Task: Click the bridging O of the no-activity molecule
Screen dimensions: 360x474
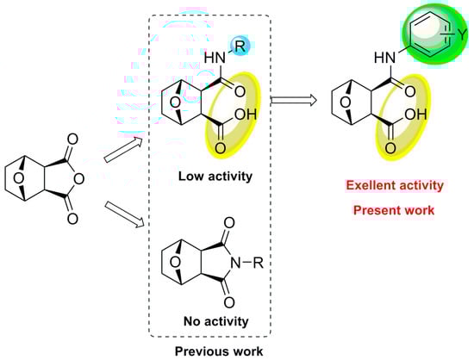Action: tap(172, 258)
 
